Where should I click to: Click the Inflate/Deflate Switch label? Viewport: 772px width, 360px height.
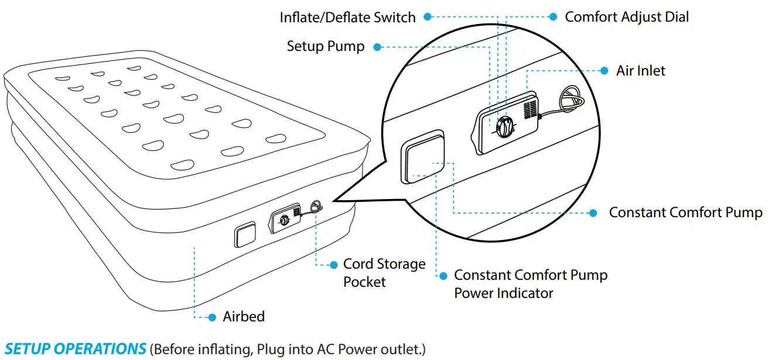[347, 18]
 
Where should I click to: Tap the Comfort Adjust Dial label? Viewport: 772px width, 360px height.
[627, 17]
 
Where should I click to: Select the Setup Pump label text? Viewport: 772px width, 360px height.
[325, 46]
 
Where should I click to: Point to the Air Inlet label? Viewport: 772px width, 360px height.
[641, 71]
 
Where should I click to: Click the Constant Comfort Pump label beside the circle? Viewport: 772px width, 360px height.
[686, 212]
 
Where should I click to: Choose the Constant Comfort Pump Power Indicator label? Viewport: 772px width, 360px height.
[531, 283]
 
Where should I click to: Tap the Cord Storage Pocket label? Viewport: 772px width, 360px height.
[384, 273]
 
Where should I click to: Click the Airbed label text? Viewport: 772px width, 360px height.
[244, 317]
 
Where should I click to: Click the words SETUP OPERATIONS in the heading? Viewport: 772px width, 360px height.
[76, 349]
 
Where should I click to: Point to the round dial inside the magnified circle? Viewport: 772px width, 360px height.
[504, 126]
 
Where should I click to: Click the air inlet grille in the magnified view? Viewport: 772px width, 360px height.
[530, 109]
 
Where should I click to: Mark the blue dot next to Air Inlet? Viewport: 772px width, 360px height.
[604, 71]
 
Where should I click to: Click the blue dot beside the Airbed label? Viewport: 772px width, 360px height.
[212, 317]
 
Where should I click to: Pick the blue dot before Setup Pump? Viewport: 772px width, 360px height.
[377, 47]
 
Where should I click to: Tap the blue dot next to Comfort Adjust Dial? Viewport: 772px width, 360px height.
[553, 17]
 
